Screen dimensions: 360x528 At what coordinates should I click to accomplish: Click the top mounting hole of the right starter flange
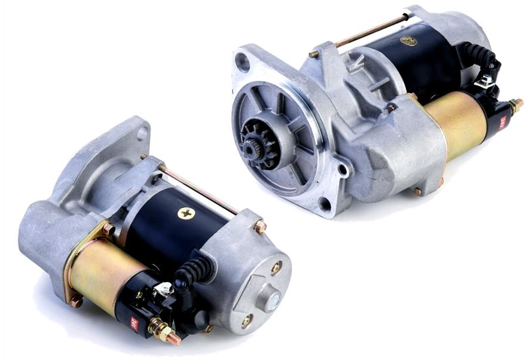242,60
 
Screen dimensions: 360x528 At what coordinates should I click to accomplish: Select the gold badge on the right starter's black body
409,41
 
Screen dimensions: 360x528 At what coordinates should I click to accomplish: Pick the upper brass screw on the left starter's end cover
276,267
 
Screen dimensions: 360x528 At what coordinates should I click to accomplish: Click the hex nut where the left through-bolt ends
260,227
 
